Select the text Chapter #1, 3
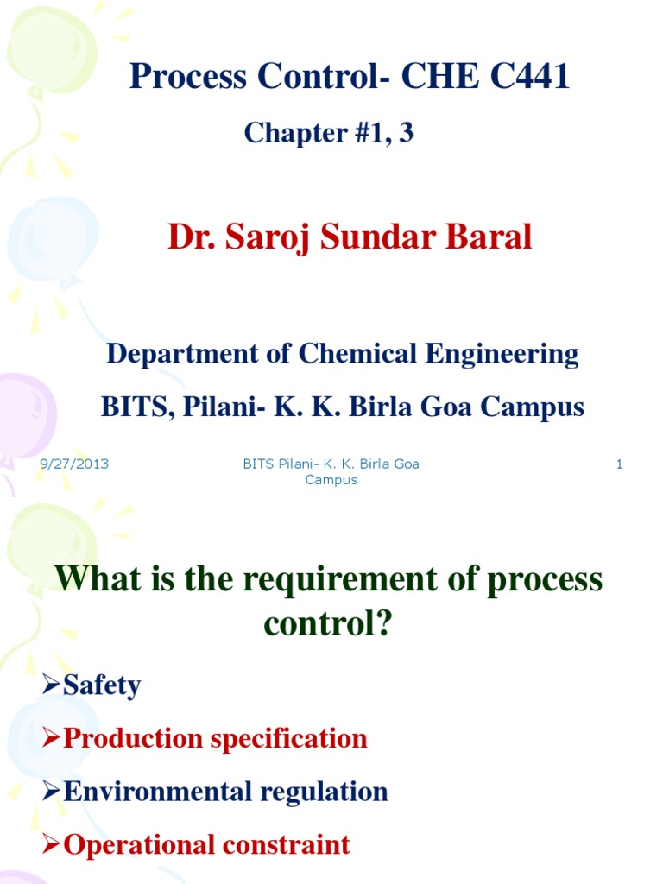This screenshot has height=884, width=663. coord(329,133)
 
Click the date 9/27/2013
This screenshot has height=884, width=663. coord(74,464)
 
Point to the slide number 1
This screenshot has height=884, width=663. coord(619,464)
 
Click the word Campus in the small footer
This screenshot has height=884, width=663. coord(331,480)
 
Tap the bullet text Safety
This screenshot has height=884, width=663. coord(102,685)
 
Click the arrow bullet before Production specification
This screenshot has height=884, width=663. coord(52,738)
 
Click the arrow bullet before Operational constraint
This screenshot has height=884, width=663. coord(52,844)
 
